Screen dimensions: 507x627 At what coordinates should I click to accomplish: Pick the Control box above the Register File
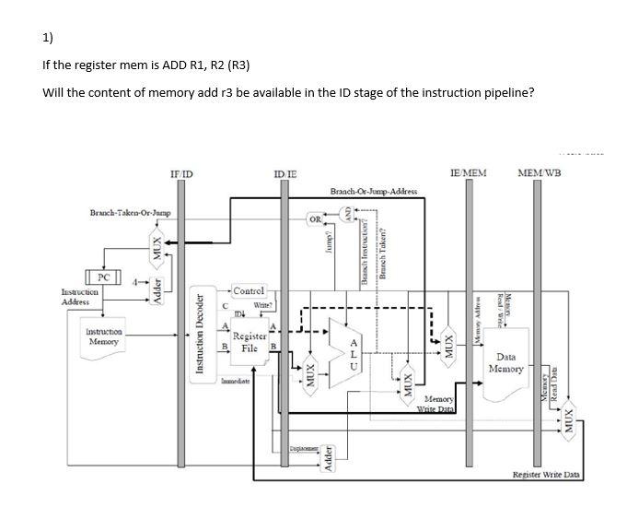click(249, 291)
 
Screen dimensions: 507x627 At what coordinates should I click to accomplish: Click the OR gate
click(315, 218)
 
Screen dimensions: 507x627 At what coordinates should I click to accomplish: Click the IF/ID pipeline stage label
click(180, 172)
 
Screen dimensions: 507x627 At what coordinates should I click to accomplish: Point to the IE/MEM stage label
click(468, 172)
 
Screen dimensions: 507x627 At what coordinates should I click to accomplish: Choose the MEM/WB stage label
click(542, 172)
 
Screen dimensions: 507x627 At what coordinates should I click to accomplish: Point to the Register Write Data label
click(546, 474)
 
